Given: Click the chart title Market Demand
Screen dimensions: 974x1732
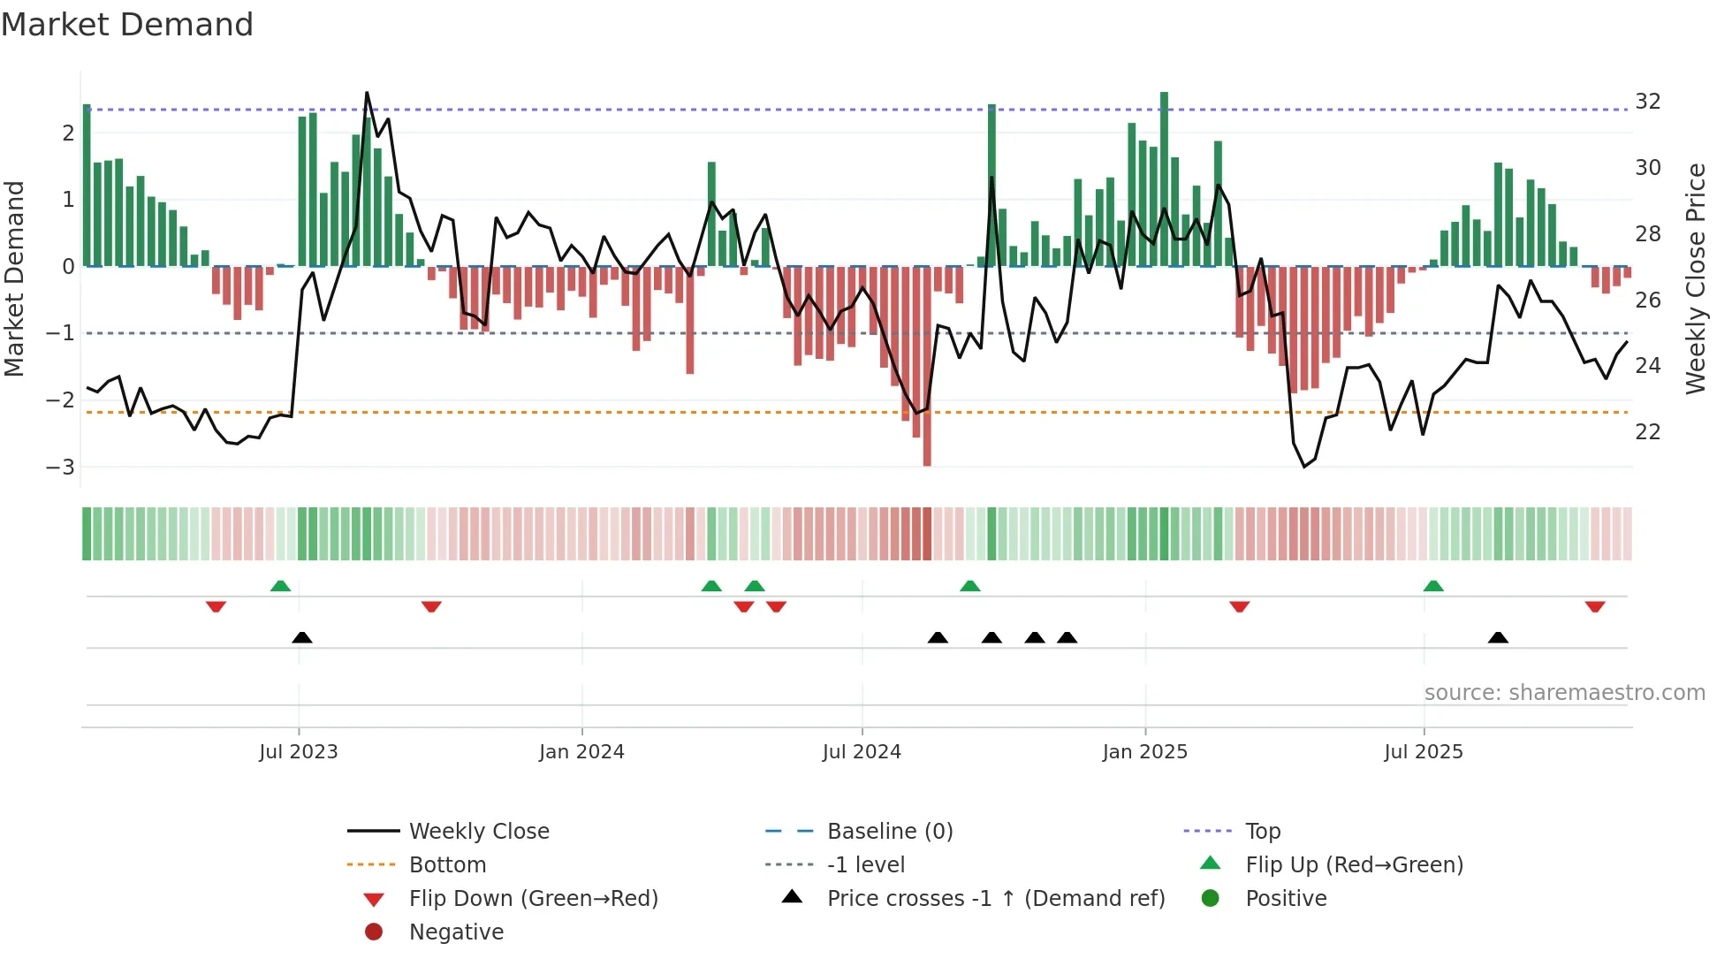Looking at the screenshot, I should (x=127, y=25).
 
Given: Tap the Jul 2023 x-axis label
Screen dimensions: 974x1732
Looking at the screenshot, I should (x=298, y=752).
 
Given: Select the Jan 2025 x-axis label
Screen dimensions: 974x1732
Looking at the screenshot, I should (x=1144, y=752).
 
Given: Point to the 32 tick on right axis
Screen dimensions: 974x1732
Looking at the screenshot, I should (x=1647, y=101).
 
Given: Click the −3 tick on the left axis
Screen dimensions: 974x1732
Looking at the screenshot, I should (x=61, y=467).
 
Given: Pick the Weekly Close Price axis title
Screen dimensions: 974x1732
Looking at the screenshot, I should (x=1695, y=278).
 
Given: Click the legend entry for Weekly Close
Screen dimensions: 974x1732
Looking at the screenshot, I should (x=478, y=832).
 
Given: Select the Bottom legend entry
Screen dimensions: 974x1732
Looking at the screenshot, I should (x=447, y=865).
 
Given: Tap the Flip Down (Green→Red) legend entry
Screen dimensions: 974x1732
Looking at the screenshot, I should (x=533, y=899).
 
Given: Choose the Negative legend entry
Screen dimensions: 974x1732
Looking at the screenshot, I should (x=456, y=932).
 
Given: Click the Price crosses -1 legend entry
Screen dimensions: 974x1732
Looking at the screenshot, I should (x=995, y=899).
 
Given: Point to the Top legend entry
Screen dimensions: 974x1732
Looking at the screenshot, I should (x=1262, y=832).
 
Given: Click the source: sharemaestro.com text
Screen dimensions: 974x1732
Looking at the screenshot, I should (x=1564, y=693).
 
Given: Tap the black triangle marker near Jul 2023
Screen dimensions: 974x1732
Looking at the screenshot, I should (x=302, y=637).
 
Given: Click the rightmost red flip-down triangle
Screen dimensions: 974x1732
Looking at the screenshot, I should (x=1595, y=606).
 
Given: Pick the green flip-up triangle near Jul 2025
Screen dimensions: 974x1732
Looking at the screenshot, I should (x=1433, y=586).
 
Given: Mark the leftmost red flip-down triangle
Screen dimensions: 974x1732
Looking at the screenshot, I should (x=216, y=606).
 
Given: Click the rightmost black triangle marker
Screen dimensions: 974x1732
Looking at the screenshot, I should (x=1498, y=637).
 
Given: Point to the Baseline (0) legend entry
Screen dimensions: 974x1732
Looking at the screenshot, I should (x=889, y=832).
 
